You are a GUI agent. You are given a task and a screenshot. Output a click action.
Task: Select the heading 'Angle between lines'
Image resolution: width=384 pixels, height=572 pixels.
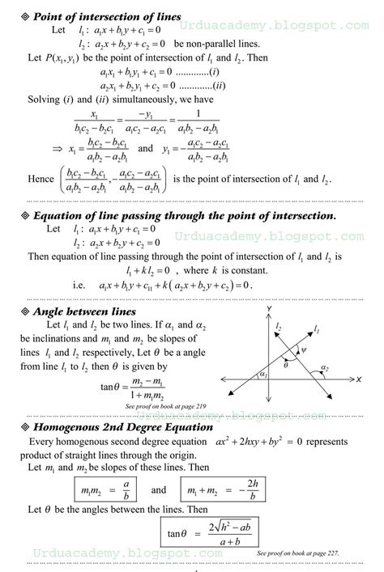[77, 311]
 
